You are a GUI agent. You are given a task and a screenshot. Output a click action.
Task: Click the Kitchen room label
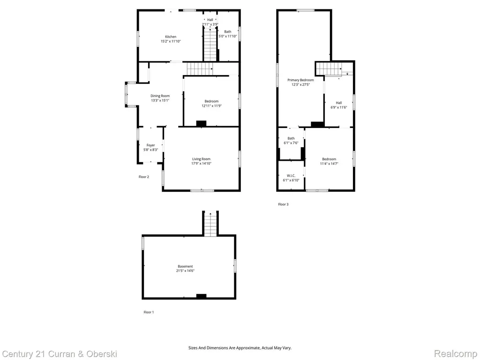tap(171, 37)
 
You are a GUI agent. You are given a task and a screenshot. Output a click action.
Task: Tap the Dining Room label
tap(160, 96)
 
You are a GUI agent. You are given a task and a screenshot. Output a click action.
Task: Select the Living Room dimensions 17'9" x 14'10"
tap(202, 164)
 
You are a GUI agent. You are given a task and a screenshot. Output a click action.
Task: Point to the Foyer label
tap(150, 145)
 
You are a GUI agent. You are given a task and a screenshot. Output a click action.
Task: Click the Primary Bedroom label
tap(300, 80)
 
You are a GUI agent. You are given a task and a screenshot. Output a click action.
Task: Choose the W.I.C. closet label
tap(291, 175)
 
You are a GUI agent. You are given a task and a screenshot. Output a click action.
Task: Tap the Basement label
tap(185, 266)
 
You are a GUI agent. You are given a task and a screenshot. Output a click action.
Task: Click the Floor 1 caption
tap(149, 312)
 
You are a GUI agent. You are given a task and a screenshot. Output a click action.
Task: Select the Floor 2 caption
tap(144, 177)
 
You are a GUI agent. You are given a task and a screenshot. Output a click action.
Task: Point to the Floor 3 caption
tap(283, 204)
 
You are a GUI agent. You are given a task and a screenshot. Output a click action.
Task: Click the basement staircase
tap(210, 225)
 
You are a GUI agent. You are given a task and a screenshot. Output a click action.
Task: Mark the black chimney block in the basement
tap(201, 296)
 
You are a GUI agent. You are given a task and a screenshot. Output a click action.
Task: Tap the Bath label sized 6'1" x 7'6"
tap(291, 138)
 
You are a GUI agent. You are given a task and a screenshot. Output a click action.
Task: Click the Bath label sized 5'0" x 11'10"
tap(228, 31)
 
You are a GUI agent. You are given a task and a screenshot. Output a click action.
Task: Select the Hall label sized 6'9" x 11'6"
tap(339, 103)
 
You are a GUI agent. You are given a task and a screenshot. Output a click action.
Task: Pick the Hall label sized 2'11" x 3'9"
tap(210, 20)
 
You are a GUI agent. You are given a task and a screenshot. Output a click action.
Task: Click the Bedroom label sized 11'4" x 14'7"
tap(329, 159)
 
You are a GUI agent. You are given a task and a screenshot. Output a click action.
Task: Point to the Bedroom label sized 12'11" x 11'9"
tap(211, 101)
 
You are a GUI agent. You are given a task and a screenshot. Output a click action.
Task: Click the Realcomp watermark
tap(456, 354)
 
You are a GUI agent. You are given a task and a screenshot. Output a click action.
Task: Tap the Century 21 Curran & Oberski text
tap(60, 354)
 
